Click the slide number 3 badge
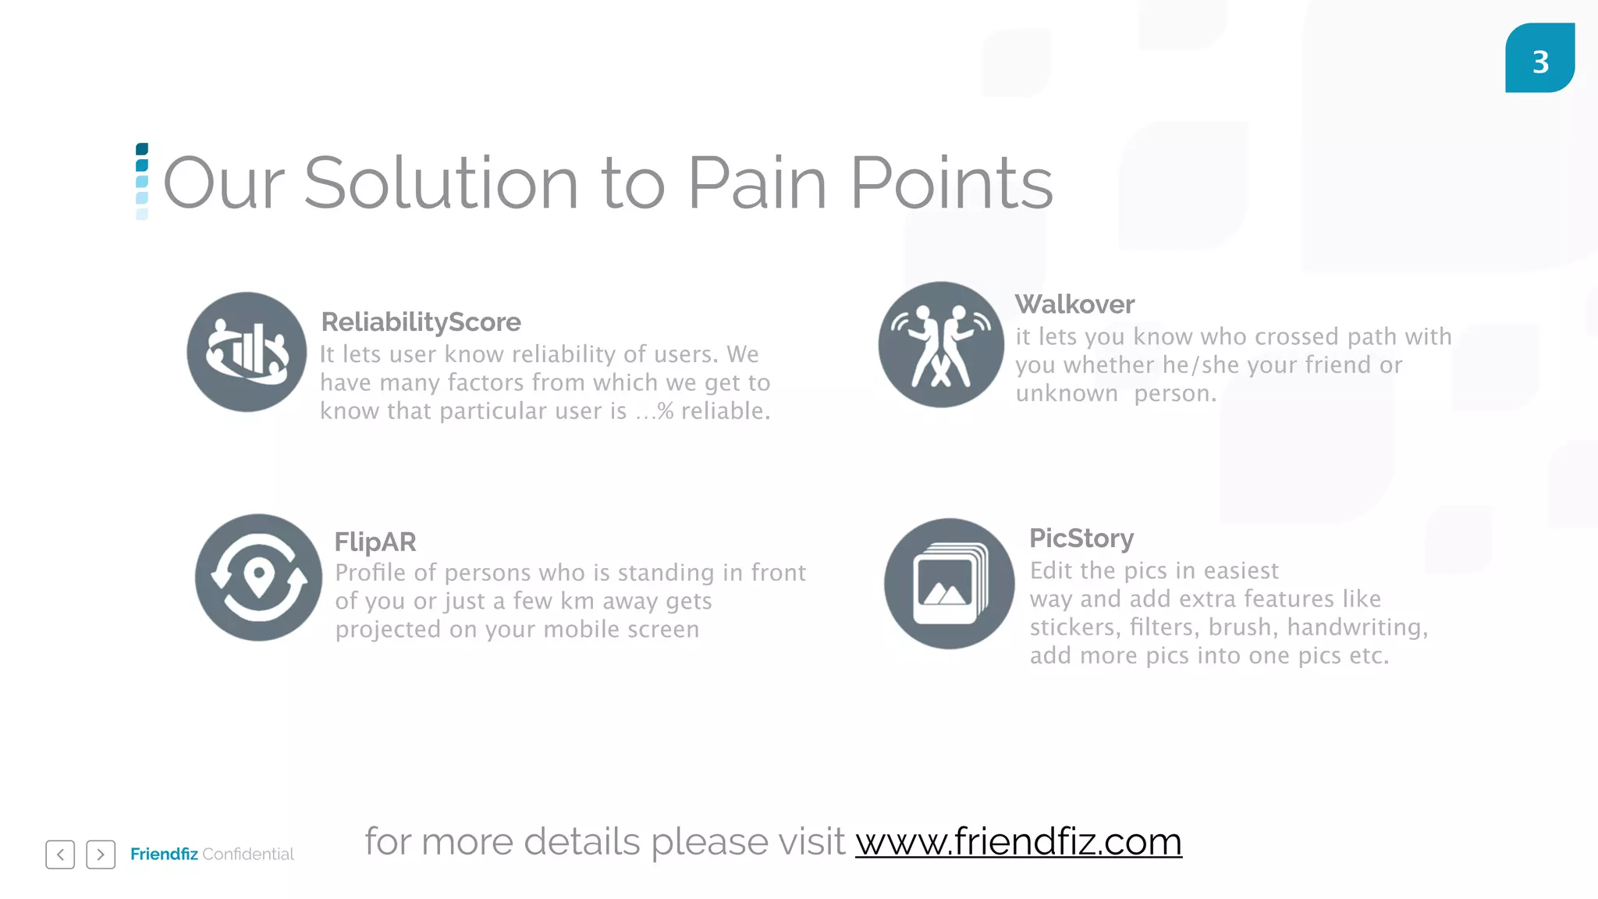point(1539,59)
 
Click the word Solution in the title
point(441,183)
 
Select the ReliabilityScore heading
point(421,322)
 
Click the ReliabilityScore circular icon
point(247,352)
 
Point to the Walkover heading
point(1074,304)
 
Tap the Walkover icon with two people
point(941,345)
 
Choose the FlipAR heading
point(375,542)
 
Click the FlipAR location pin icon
point(258,577)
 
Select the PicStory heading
point(1081,538)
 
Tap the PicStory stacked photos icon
point(949,584)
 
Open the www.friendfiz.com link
point(1018,842)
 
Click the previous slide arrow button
point(60,855)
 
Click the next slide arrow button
point(101,855)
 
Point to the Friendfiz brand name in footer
point(164,855)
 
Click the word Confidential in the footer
point(248,855)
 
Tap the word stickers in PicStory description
point(1073,627)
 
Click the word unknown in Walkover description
point(1067,394)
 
